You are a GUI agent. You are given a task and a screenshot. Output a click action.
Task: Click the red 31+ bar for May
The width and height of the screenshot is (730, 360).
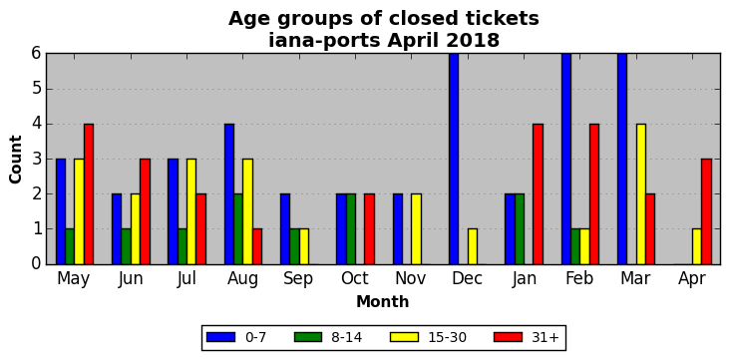[89, 194]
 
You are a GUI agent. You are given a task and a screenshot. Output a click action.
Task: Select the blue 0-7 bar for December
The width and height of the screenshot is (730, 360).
[454, 159]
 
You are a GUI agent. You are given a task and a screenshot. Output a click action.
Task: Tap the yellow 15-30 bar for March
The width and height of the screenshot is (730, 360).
[641, 194]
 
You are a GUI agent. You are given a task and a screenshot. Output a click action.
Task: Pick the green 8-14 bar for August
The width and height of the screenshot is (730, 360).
[238, 229]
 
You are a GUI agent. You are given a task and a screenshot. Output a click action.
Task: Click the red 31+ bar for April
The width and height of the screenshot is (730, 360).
[706, 211]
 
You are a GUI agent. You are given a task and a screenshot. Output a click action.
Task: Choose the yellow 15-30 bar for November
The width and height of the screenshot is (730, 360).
[416, 229]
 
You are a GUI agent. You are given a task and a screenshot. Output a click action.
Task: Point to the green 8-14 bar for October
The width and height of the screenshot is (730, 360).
[351, 229]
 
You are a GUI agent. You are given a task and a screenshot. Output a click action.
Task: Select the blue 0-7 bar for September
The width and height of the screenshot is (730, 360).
[285, 229]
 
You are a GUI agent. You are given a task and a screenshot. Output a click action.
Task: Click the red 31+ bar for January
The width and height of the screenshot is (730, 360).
[538, 194]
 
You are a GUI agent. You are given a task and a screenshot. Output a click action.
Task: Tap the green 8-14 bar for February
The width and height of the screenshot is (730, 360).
[575, 247]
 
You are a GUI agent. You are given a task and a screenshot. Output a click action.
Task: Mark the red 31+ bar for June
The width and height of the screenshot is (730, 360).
[145, 211]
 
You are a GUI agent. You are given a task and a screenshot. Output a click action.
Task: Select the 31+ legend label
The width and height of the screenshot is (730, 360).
[545, 337]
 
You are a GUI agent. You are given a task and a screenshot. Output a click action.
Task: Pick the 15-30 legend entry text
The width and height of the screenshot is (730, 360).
[448, 337]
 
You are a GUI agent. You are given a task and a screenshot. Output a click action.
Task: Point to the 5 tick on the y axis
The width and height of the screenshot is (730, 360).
[37, 89]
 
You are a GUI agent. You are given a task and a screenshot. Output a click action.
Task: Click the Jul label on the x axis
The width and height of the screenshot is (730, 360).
[186, 279]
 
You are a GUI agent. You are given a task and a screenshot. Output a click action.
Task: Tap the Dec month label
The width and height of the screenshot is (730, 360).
[467, 279]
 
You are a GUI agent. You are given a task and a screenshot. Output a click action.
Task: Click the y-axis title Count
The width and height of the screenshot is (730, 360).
[15, 160]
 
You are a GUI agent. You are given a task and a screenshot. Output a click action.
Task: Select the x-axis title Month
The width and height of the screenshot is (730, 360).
[383, 302]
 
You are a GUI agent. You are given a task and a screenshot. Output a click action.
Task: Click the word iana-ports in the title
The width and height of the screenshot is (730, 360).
[325, 41]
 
